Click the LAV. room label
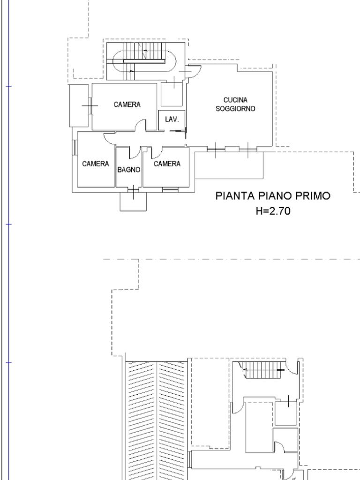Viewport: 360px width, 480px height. (x=172, y=119)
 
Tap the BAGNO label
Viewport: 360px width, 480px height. (x=129, y=170)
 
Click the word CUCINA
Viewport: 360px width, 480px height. (x=235, y=100)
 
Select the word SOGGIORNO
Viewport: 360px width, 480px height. (x=235, y=109)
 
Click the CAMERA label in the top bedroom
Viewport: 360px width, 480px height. (x=127, y=105)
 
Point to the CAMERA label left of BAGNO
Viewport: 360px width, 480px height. (x=96, y=164)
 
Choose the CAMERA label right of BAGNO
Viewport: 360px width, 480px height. (x=167, y=164)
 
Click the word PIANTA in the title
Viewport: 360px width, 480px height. (x=235, y=196)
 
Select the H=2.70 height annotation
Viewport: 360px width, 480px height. (x=273, y=211)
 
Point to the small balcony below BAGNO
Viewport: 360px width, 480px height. (x=133, y=202)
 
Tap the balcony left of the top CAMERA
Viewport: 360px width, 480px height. (x=79, y=105)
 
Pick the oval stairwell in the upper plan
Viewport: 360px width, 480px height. (x=144, y=61)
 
